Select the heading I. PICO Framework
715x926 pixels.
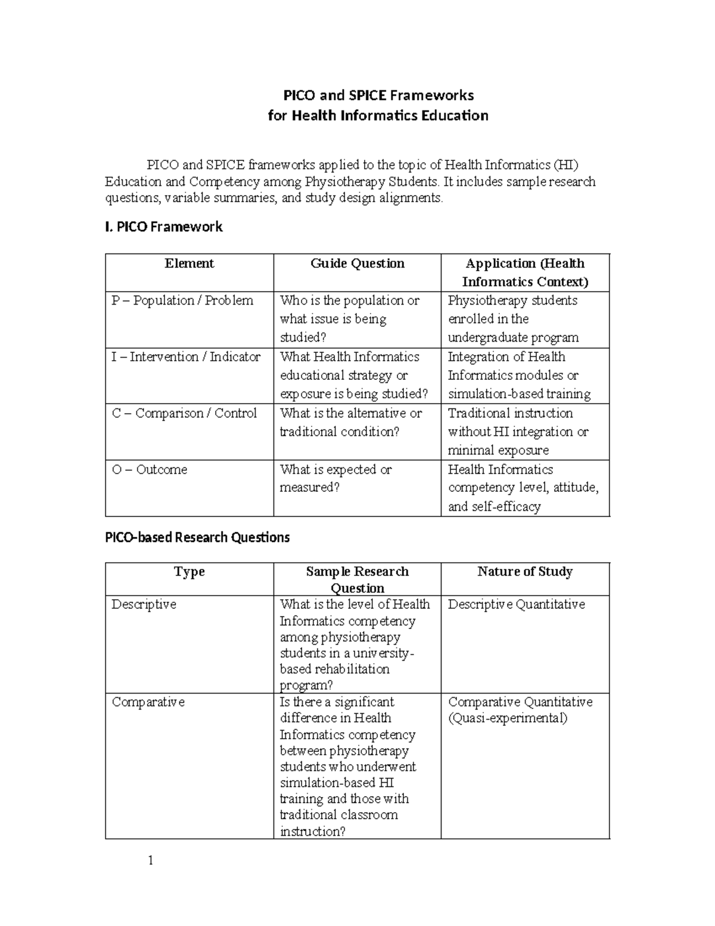tap(164, 227)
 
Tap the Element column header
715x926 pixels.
tap(189, 264)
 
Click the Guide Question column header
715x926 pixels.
tap(357, 264)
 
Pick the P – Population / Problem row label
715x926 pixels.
tap(182, 301)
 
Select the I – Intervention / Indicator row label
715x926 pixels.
tap(186, 357)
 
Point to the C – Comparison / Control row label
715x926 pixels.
tap(184, 413)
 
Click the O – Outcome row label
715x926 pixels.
tap(150, 469)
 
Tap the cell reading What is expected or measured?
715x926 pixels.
tap(335, 478)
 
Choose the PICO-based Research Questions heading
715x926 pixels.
tap(197, 537)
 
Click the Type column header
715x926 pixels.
tap(189, 572)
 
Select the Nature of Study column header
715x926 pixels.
tap(525, 572)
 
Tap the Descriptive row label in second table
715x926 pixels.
tap(144, 604)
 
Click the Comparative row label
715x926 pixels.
tap(148, 702)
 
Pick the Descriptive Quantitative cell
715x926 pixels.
tap(517, 604)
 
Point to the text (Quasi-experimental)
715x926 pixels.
tap(508, 718)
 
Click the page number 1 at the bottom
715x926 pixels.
tap(151, 860)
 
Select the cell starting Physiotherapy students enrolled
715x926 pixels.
tap(513, 319)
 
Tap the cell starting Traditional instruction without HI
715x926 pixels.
tap(518, 432)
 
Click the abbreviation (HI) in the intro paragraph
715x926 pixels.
tap(565, 165)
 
